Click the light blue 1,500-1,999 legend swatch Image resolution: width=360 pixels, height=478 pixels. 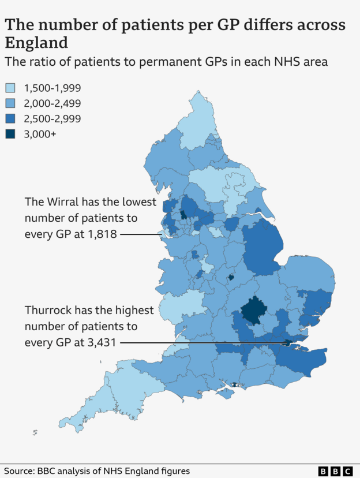10,88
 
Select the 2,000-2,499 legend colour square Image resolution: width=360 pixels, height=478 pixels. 10,103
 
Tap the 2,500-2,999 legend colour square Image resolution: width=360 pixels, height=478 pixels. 10,119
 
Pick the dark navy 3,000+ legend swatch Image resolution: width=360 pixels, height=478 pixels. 10,134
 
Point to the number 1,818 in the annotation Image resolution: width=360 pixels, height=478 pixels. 102,234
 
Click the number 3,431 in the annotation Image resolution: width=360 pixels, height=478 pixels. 101,342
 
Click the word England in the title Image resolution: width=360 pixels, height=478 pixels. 37,43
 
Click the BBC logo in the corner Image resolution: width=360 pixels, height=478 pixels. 336,471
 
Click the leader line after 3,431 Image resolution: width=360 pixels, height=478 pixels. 202,342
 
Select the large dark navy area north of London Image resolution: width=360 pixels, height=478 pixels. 252,310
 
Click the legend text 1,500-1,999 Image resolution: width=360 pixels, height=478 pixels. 52,88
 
